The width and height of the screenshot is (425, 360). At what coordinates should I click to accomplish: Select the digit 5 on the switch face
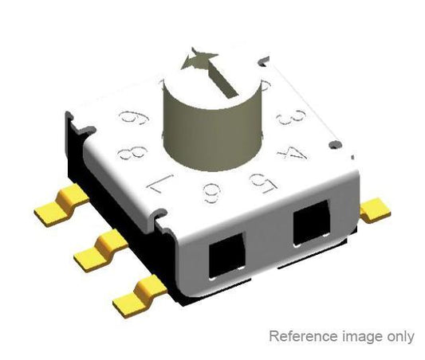[x=258, y=186]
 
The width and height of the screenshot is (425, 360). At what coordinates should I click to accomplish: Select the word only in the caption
[x=397, y=337]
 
